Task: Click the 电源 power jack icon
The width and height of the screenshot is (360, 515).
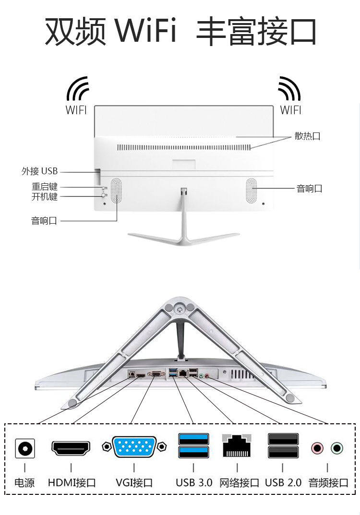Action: coord(24,449)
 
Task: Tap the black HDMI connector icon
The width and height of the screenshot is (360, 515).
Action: coord(71,448)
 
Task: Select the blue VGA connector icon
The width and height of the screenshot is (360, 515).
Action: coord(134,447)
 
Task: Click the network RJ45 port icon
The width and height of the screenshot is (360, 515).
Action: coord(237,445)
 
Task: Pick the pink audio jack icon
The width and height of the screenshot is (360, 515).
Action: coord(317,449)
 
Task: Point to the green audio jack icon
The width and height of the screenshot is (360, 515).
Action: coord(337,449)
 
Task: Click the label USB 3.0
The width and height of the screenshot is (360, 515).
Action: coord(193,482)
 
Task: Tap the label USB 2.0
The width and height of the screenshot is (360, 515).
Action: coord(283,482)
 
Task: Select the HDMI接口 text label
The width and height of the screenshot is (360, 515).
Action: coord(72,482)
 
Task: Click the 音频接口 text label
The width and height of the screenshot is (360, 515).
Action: coord(328,482)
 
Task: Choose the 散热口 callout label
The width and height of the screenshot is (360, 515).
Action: coord(307,136)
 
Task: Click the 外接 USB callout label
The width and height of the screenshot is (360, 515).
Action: coord(39,171)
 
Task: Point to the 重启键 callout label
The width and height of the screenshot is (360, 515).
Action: coord(45,187)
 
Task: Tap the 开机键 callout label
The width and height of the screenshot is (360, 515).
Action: coord(45,196)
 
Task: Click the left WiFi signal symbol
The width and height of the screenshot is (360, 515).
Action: coord(77,89)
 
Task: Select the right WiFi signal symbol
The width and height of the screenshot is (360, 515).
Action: coord(289,89)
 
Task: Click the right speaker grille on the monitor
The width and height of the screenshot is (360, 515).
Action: coord(252,190)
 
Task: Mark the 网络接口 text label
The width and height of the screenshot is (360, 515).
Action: coord(239,482)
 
